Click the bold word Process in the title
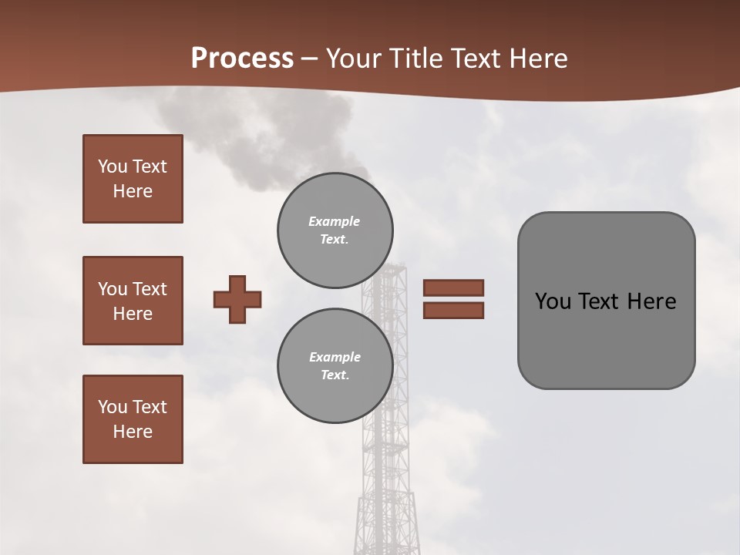click(x=242, y=59)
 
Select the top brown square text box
click(x=133, y=179)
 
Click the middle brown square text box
click(x=133, y=301)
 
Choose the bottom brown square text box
click(x=133, y=419)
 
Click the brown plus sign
click(x=237, y=299)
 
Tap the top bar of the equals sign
click(x=453, y=288)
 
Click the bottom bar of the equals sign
click(x=453, y=311)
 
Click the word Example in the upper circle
click(x=334, y=221)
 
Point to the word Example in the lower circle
click(x=335, y=357)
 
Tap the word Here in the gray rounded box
click(x=651, y=301)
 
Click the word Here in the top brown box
click(x=133, y=191)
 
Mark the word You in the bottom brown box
click(x=112, y=407)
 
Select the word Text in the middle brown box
click(x=150, y=289)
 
